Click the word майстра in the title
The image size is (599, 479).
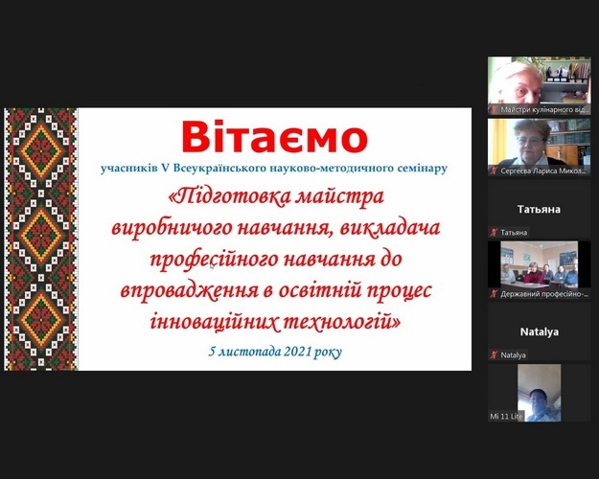click(337, 197)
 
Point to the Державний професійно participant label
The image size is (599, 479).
click(543, 294)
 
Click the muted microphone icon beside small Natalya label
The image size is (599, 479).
click(494, 355)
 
